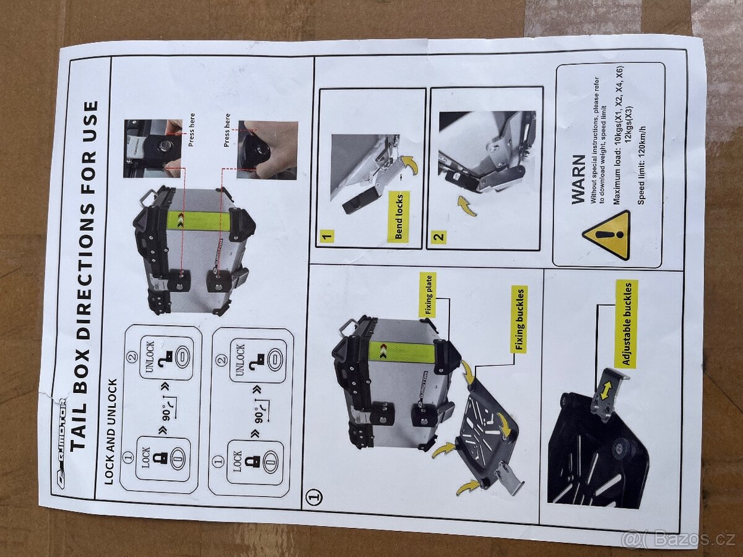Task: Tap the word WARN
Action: pyautogui.click(x=578, y=179)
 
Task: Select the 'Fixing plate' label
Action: pyautogui.click(x=428, y=296)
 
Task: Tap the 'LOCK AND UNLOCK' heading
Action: pyautogui.click(x=111, y=432)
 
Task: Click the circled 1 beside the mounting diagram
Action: pyautogui.click(x=314, y=496)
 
